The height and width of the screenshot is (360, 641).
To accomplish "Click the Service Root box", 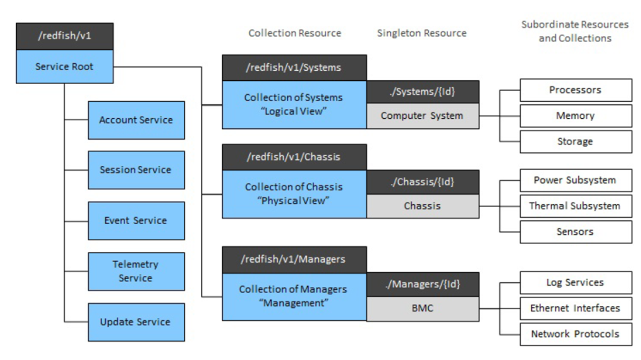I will click(65, 66).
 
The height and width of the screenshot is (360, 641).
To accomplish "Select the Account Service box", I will click(136, 120).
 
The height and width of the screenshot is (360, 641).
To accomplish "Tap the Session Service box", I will click(136, 170).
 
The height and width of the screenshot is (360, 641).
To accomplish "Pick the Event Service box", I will click(136, 221).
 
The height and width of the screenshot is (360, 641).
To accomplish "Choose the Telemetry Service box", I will click(136, 271).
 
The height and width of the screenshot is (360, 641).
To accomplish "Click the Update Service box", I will click(136, 322).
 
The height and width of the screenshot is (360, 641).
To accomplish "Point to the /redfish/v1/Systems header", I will click(294, 67).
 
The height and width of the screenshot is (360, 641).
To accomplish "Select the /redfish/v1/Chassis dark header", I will click(294, 157).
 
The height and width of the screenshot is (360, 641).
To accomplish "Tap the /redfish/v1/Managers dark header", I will click(294, 259).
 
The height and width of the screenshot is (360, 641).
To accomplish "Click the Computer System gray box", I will click(423, 116).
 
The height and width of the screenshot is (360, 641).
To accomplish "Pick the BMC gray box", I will click(423, 309).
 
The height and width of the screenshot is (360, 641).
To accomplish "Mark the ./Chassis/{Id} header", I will click(423, 182).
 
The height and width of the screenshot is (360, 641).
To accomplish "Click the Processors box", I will click(575, 90).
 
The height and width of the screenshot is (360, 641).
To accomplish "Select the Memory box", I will click(575, 116).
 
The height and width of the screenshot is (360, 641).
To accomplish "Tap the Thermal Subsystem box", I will click(575, 206).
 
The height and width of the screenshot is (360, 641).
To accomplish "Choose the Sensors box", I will click(575, 232).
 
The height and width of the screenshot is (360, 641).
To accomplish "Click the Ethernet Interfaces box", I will click(575, 308).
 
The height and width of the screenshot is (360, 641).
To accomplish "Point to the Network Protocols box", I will click(575, 334).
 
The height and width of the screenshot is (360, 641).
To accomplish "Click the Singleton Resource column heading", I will click(422, 33).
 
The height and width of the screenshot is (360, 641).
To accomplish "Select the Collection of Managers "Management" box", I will click(294, 296).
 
